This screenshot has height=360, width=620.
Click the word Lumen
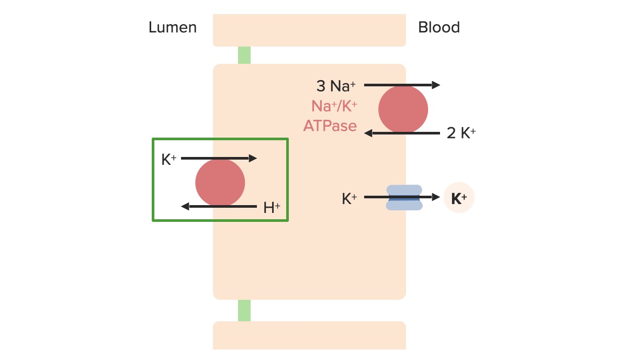point(173,27)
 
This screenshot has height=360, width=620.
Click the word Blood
point(438,27)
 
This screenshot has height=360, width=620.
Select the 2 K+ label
point(461,133)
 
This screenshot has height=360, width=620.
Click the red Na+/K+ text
point(334,106)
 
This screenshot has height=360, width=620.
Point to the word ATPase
point(330,126)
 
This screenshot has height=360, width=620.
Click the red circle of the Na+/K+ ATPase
point(403,109)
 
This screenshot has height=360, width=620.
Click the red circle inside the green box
point(220,183)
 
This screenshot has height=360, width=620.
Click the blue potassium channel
point(404,197)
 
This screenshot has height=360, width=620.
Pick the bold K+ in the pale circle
point(459,198)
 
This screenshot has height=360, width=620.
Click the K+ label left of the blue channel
point(350,199)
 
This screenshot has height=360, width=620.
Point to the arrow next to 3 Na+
point(402,85)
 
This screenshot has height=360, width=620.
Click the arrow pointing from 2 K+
point(402,133)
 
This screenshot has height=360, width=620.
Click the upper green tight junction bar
point(244,55)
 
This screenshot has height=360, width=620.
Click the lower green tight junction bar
point(244,310)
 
